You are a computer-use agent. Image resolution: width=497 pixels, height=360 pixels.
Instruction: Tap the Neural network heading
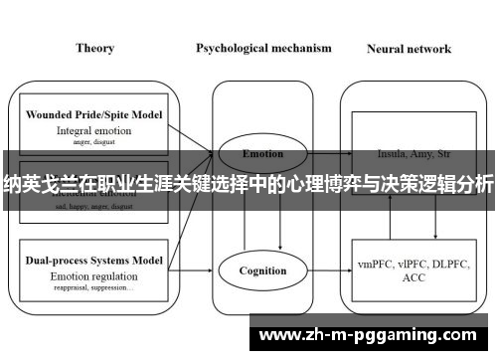pos(409,48)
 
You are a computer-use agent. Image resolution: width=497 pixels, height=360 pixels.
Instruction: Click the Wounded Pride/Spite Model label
pos(93,114)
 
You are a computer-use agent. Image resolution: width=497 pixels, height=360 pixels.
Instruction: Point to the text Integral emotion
pos(93,129)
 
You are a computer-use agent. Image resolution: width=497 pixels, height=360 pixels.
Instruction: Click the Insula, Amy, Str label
pos(409,154)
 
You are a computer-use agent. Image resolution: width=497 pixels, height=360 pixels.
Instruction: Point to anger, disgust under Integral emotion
pos(93,140)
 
